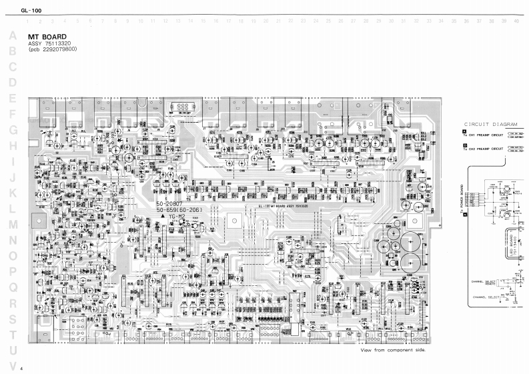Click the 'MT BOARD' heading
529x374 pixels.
pos(47,37)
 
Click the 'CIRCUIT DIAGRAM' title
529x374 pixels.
pos(490,125)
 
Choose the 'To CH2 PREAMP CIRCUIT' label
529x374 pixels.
pos(486,147)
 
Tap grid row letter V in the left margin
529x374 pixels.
pos(12,365)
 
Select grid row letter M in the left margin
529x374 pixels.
pos(12,223)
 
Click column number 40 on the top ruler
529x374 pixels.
pos(516,21)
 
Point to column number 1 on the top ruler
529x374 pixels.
pos(29,21)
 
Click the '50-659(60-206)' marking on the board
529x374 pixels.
pos(179,211)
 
